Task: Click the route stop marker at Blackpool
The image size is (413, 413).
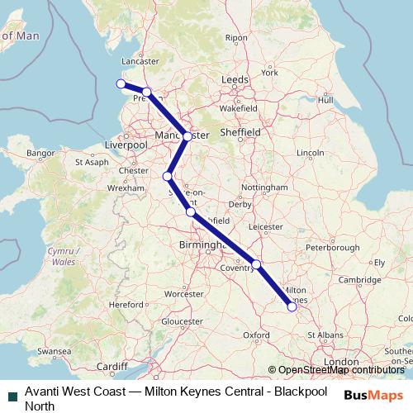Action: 121,83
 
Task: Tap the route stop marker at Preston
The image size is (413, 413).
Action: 146,93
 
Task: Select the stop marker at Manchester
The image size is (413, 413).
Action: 188,136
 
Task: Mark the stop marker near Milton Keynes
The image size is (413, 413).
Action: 292,306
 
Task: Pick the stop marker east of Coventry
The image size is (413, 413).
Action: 257,264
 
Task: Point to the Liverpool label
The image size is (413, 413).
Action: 126,145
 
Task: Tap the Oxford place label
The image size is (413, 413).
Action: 257,335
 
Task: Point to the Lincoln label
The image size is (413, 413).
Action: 310,153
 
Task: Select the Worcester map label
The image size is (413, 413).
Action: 184,293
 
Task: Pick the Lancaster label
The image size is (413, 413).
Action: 140,61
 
